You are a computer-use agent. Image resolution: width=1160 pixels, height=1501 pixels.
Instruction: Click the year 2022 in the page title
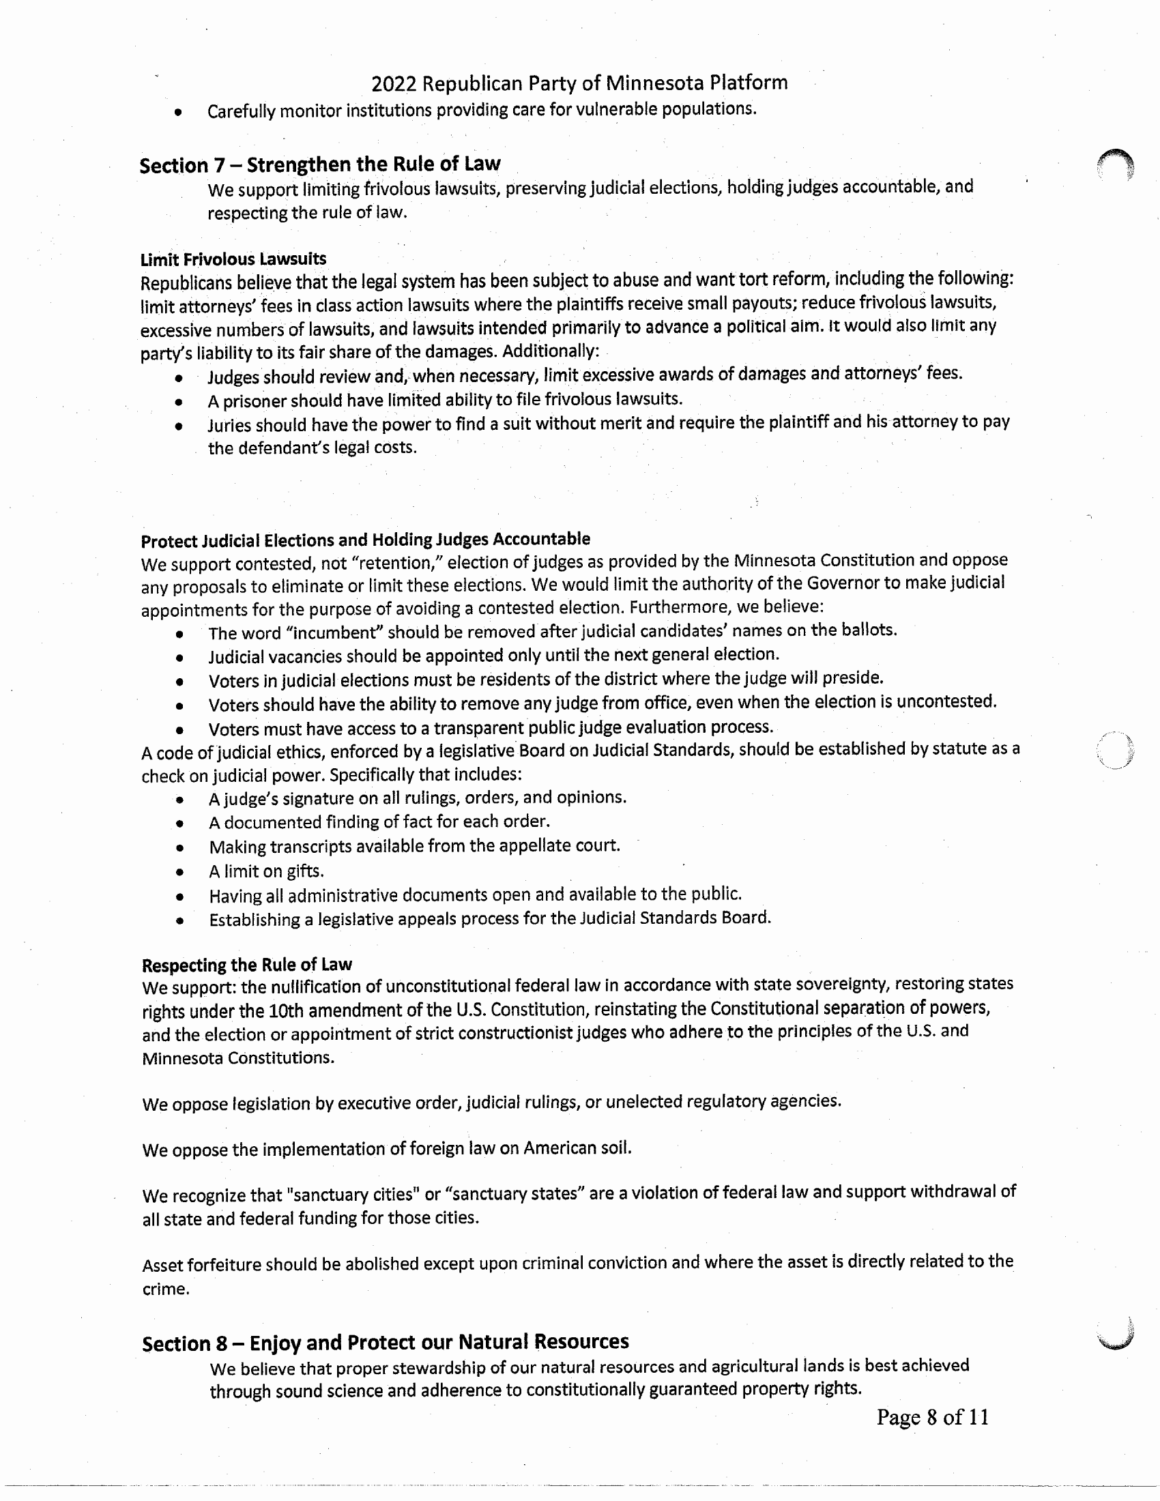pyautogui.click(x=394, y=84)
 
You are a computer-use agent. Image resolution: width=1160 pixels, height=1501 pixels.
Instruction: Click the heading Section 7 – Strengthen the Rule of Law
pyautogui.click(x=319, y=165)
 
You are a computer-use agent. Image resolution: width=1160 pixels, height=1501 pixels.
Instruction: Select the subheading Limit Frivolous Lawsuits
pyautogui.click(x=233, y=259)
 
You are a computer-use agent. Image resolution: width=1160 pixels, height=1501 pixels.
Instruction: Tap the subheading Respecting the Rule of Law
pyautogui.click(x=247, y=965)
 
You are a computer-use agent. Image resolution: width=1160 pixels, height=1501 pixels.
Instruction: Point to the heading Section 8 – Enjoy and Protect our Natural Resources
pyautogui.click(x=385, y=1342)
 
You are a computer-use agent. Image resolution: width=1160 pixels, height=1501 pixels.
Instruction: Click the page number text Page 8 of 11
pyautogui.click(x=933, y=1417)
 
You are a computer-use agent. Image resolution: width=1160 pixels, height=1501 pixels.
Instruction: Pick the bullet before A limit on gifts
pyautogui.click(x=179, y=873)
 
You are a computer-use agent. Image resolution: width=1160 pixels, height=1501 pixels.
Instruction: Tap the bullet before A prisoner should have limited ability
pyautogui.click(x=179, y=401)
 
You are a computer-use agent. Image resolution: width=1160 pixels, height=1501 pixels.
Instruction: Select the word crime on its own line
pyautogui.click(x=165, y=1289)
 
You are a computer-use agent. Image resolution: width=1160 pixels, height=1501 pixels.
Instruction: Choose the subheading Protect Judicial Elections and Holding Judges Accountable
pyautogui.click(x=365, y=540)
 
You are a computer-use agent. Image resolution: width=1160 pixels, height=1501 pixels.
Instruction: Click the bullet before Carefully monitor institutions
pyautogui.click(x=178, y=112)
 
